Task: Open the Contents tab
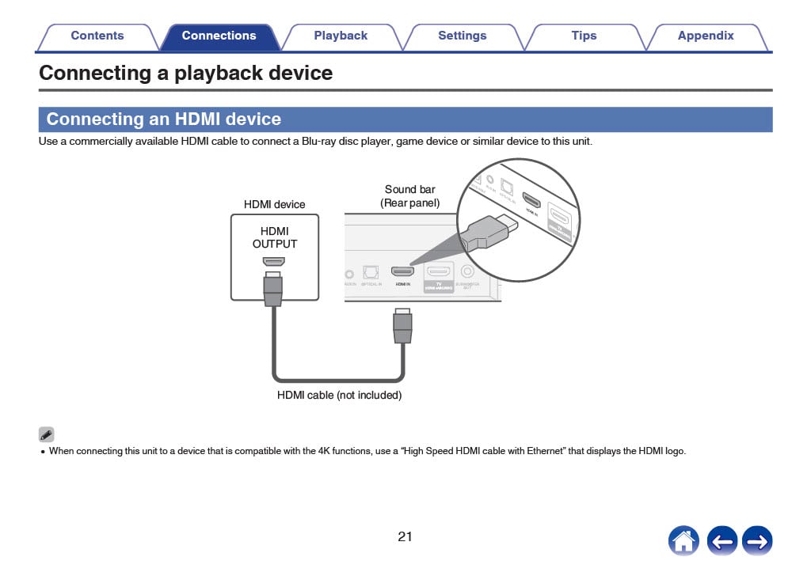[x=97, y=36]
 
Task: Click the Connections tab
[x=219, y=36]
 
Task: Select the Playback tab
[x=341, y=36]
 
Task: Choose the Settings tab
[x=462, y=36]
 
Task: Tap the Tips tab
[x=584, y=36]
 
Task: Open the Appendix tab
[x=705, y=36]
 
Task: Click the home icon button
[x=683, y=541]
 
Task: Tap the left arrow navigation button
[x=722, y=541]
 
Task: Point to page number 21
[x=405, y=536]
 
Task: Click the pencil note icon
[x=47, y=434]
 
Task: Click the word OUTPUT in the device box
[x=275, y=244]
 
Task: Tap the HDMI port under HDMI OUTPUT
[x=274, y=262]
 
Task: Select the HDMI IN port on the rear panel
[x=402, y=271]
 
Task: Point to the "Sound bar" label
[x=409, y=189]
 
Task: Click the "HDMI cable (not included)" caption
[x=339, y=395]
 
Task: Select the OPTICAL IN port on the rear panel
[x=371, y=271]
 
